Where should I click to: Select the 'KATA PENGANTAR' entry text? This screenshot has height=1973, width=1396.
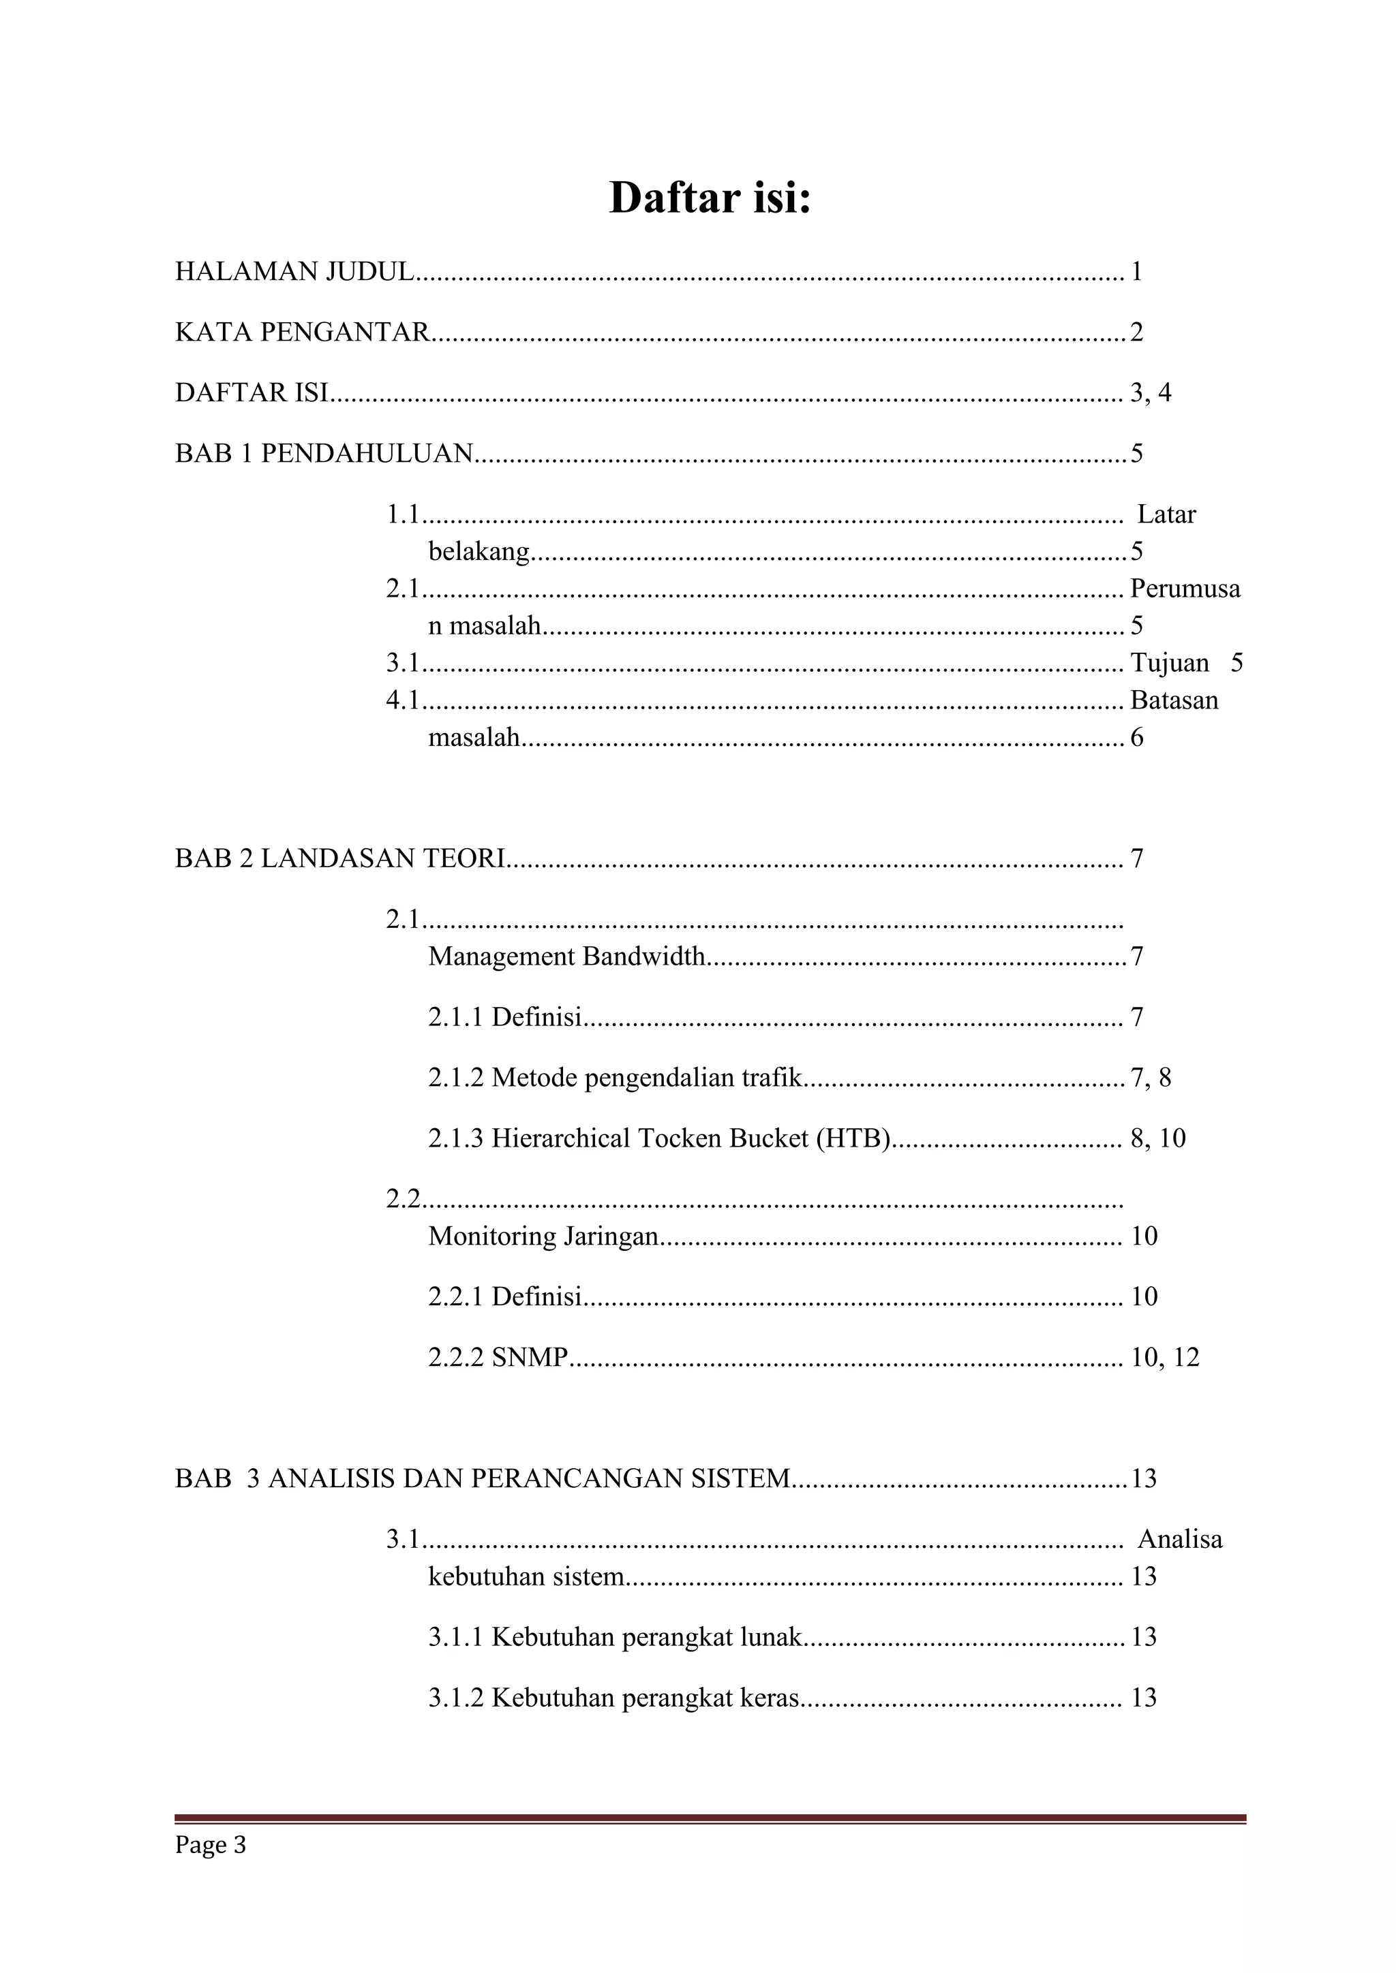coord(303,332)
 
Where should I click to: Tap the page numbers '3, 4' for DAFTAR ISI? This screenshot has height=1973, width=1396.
coord(1150,392)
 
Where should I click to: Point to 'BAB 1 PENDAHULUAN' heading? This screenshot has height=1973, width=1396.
coord(324,453)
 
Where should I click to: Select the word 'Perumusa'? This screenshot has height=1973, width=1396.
coord(1185,589)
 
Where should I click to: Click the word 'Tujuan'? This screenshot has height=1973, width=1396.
coord(1169,662)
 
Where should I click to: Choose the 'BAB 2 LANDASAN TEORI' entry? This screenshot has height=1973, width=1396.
coord(340,858)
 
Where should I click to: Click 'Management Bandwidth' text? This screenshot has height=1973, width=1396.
coord(566,956)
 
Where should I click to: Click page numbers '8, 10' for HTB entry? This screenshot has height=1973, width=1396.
coord(1158,1138)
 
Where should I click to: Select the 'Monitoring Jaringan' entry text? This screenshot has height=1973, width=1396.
coord(543,1236)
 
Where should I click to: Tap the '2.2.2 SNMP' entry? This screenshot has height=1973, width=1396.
coord(498,1357)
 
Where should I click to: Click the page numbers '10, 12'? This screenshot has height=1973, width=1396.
coord(1165,1357)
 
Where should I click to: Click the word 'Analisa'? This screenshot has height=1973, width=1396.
coord(1179,1539)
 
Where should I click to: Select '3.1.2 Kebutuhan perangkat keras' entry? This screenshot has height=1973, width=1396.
coord(613,1697)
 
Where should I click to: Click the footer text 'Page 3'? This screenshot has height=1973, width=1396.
coord(211,1845)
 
